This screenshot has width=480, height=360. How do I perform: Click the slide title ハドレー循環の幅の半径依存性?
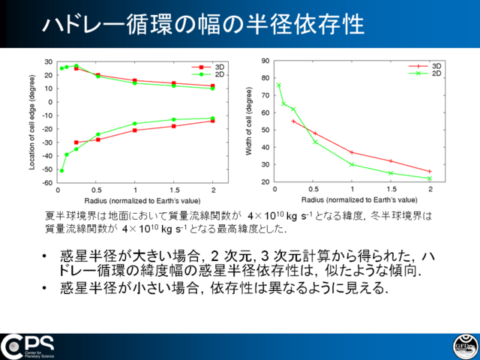pyautogui.click(x=203, y=24)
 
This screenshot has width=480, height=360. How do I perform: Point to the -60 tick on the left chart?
pyautogui.click(x=48, y=183)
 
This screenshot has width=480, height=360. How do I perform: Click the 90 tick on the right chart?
pyautogui.click(x=265, y=61)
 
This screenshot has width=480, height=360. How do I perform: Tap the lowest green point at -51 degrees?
pyautogui.click(x=61, y=170)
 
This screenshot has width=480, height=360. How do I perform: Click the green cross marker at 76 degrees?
pyautogui.click(x=278, y=85)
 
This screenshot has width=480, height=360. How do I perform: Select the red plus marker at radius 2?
pyautogui.click(x=430, y=172)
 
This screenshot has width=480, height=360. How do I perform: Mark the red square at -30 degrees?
pyautogui.click(x=76, y=142)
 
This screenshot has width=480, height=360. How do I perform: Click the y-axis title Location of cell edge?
pyautogui.click(x=31, y=122)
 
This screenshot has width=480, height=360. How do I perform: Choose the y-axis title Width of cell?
pyautogui.click(x=248, y=121)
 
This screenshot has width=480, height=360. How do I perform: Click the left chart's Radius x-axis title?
pyautogui.click(x=142, y=201)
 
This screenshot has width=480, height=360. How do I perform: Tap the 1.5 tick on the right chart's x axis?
pyautogui.click(x=391, y=189)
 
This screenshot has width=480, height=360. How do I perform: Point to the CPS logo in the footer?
pyautogui.click(x=27, y=346)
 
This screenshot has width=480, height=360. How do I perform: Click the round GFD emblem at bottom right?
pyautogui.click(x=466, y=346)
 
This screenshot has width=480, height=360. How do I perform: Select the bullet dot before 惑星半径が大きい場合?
pyautogui.click(x=45, y=256)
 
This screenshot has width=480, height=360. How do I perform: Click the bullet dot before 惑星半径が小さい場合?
pyautogui.click(x=45, y=288)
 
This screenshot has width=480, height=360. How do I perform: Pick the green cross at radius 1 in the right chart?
pyautogui.click(x=352, y=164)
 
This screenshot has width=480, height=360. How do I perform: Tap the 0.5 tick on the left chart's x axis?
pyautogui.click(x=97, y=190)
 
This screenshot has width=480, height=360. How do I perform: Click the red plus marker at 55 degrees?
pyautogui.click(x=293, y=121)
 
